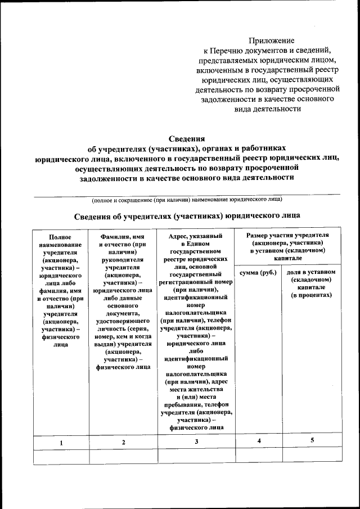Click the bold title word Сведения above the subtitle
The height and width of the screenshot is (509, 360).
click(x=187, y=138)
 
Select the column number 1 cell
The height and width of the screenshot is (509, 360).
click(x=61, y=443)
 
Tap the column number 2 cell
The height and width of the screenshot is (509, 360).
click(x=123, y=443)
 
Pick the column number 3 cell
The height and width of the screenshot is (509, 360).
click(x=196, y=442)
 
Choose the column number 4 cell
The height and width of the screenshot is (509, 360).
click(x=259, y=442)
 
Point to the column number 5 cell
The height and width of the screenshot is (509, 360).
click(x=312, y=441)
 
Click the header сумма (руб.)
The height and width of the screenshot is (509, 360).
click(x=258, y=273)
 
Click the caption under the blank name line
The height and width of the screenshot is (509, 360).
click(x=187, y=199)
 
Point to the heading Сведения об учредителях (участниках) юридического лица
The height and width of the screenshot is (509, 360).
click(x=187, y=215)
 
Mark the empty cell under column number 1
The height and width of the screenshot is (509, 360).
click(x=61, y=456)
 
